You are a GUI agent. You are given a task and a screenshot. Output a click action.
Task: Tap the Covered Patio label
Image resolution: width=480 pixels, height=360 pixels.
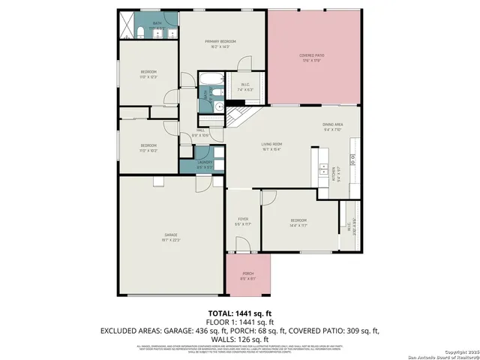coord(310,57)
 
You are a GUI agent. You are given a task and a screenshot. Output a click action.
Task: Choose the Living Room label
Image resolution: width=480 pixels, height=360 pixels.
coord(271,145)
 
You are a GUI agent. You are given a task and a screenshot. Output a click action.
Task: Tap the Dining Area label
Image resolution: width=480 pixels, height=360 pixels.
coord(332,126)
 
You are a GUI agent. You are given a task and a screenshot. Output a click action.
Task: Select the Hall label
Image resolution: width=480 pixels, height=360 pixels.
coord(201,133)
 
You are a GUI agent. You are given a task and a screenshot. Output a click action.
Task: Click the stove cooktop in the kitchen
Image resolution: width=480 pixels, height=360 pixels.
coord(352,159)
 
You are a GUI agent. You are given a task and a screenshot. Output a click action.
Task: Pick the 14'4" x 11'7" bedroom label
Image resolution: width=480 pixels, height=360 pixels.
coord(298,222)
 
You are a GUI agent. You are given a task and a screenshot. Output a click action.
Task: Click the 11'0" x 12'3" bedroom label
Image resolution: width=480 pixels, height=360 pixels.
coord(148,74)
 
